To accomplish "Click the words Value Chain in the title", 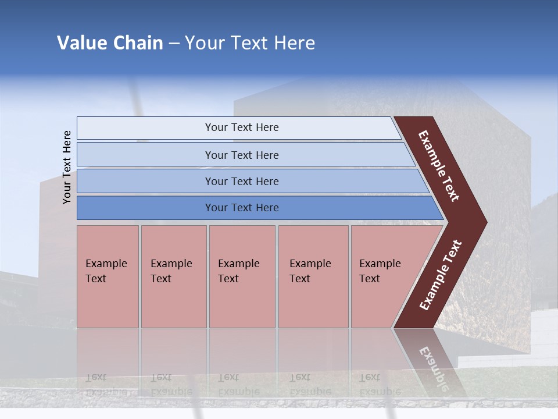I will click(110, 43).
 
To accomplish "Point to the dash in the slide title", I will click(174, 44).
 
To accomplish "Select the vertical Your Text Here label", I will click(67, 167).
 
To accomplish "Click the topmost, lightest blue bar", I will click(241, 127).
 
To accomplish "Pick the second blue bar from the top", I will click(241, 155).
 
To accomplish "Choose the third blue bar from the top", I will click(241, 181).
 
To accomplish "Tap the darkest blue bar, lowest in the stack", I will click(241, 208).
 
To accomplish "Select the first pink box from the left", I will click(108, 276).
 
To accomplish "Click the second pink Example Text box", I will click(173, 276).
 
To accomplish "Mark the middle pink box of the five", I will click(242, 276).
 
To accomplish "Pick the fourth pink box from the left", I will click(313, 276).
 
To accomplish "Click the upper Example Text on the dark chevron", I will click(439, 166).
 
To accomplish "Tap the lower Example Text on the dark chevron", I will click(441, 275).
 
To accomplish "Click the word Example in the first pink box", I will click(106, 264).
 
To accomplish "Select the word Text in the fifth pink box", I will click(369, 279).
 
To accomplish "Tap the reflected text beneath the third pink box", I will click(238, 384).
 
